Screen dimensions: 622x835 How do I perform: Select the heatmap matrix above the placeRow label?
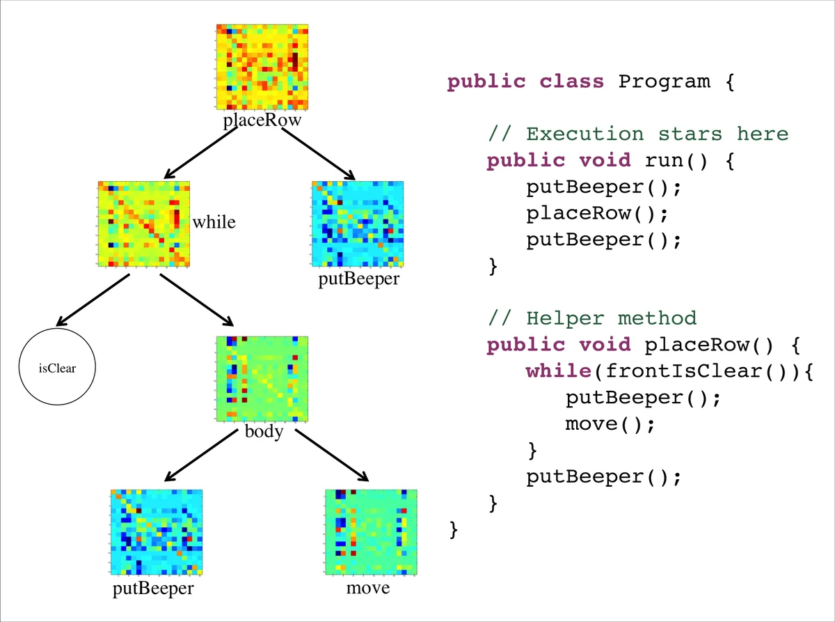tap(262, 68)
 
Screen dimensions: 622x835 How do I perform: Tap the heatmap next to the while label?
tap(144, 224)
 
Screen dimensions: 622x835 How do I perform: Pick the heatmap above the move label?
tap(370, 531)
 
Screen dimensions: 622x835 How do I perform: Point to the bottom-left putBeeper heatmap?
tap(157, 531)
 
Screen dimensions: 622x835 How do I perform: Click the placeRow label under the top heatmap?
tap(262, 120)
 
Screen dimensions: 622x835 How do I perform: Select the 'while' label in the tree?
tap(214, 223)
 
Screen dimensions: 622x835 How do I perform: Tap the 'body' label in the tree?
tap(264, 432)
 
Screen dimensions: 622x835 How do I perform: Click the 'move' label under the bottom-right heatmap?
tap(369, 589)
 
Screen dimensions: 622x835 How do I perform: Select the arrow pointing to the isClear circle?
tap(92, 300)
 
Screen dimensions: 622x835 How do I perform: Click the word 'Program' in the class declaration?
tap(665, 81)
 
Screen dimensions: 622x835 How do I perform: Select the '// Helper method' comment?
tap(591, 318)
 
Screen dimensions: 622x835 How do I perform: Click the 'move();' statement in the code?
tap(610, 423)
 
